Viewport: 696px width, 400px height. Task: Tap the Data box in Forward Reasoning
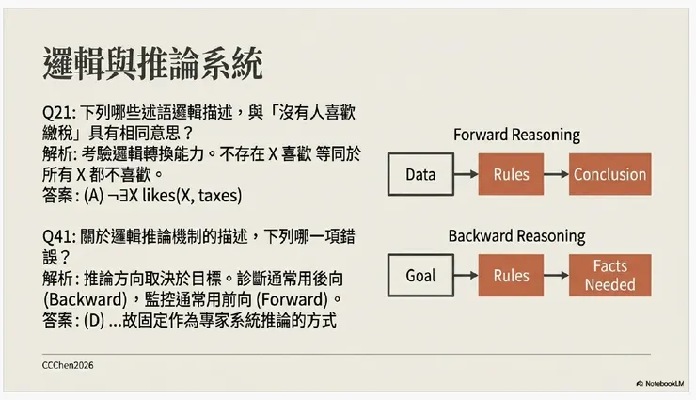pos(420,174)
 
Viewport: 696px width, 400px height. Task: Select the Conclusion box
pos(609,174)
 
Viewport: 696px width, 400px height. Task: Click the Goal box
pos(420,276)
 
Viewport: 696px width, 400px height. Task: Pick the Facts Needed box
pos(609,276)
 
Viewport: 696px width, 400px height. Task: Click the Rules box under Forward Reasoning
pos(512,174)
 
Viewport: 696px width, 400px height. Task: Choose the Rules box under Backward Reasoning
pos(512,276)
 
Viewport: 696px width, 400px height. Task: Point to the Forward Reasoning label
pos(516,135)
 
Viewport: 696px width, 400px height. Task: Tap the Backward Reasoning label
pos(516,235)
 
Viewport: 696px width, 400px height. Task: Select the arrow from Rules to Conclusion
pos(557,174)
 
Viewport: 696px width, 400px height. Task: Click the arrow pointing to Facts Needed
pos(557,276)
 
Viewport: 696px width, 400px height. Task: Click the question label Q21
pos(59,111)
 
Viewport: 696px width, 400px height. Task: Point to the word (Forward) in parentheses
pos(287,299)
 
